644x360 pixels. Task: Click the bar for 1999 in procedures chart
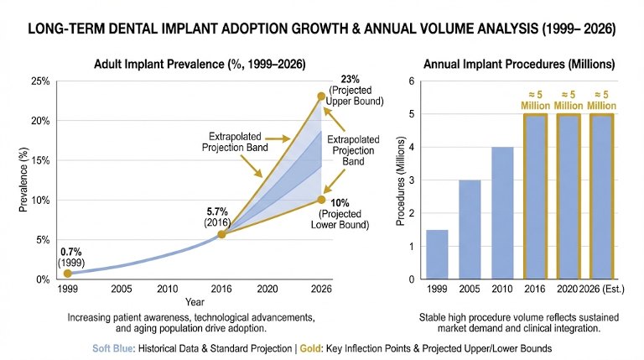click(437, 254)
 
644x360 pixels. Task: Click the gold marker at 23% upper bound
click(321, 97)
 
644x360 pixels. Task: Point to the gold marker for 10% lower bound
click(321, 200)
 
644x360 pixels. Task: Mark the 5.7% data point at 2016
click(221, 234)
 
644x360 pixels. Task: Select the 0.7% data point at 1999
click(68, 274)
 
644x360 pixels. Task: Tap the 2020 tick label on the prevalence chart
click(268, 290)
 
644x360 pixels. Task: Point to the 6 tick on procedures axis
click(410, 81)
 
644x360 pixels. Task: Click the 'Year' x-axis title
click(195, 301)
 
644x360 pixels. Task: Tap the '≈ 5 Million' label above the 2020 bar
click(568, 100)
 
